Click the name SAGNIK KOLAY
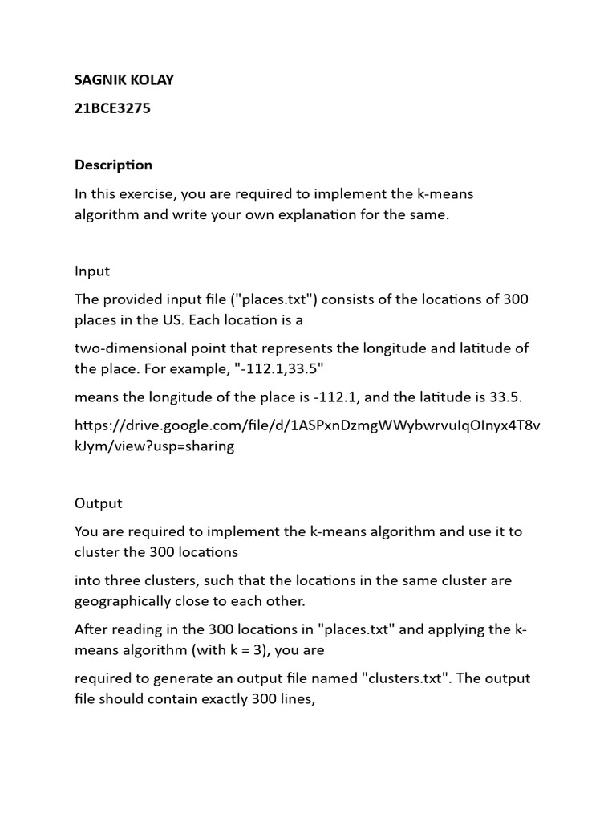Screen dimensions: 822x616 point(124,79)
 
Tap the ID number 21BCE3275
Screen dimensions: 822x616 point(112,108)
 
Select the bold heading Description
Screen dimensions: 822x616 point(113,165)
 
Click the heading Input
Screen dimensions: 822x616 point(92,271)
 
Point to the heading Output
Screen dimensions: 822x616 point(99,503)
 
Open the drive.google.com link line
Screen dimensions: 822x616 point(307,425)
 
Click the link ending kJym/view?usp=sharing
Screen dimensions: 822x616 point(154,446)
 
